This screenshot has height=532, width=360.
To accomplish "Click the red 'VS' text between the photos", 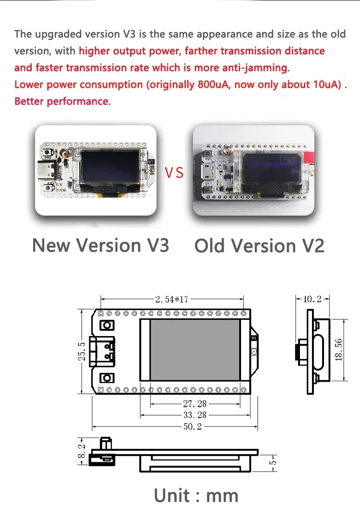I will click(x=174, y=172).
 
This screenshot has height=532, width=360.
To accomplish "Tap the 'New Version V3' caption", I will click(x=100, y=245).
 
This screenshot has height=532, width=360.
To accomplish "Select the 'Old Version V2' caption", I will click(x=259, y=246).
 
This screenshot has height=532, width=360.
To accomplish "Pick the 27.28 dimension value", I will click(x=195, y=404).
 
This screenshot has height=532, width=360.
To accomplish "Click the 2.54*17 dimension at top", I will click(x=172, y=300).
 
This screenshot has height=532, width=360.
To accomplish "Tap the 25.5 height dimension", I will click(x=82, y=351).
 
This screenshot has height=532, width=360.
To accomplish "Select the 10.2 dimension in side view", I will click(x=312, y=299).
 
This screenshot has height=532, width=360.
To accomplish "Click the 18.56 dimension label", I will click(x=339, y=351).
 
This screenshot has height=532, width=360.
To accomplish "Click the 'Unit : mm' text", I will click(x=196, y=495).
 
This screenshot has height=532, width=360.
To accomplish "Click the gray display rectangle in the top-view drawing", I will click(x=194, y=349).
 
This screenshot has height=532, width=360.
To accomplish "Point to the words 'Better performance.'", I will click(x=62, y=101).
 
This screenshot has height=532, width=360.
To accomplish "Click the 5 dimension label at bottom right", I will click(x=274, y=463).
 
